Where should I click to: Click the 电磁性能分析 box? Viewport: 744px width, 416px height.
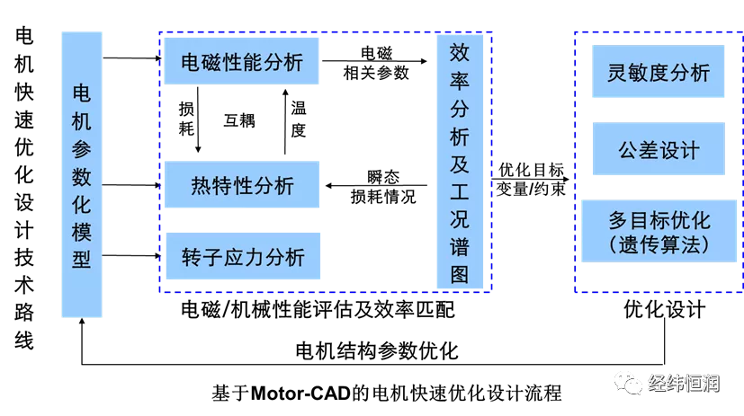[241, 61]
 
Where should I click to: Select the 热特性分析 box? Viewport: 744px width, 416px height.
[242, 185]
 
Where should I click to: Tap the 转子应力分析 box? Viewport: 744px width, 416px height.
[243, 256]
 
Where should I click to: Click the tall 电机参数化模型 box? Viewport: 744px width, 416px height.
[82, 174]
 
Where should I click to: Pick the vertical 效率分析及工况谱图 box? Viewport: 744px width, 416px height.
[460, 162]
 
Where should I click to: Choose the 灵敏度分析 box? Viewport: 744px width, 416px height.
[659, 72]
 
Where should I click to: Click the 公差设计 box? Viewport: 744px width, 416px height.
[659, 149]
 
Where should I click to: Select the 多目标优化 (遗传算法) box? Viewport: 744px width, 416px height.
[659, 231]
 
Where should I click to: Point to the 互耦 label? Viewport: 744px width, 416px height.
[239, 120]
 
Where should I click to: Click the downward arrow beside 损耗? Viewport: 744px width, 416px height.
[198, 119]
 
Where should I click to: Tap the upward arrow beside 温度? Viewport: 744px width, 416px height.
[285, 121]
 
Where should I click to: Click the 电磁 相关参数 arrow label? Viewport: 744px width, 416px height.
[376, 63]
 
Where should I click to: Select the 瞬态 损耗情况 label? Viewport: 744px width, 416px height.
[383, 187]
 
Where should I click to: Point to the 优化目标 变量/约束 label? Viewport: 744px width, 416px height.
[531, 179]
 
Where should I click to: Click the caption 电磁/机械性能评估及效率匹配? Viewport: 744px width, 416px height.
[318, 310]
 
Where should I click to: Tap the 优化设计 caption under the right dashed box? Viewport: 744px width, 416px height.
[664, 309]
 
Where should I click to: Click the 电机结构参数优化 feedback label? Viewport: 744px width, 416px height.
[377, 351]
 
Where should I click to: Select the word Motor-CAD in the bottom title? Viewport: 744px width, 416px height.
[300, 394]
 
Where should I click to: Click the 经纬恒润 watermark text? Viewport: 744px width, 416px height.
[684, 383]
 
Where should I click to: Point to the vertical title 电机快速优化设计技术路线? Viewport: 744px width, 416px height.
[24, 189]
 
